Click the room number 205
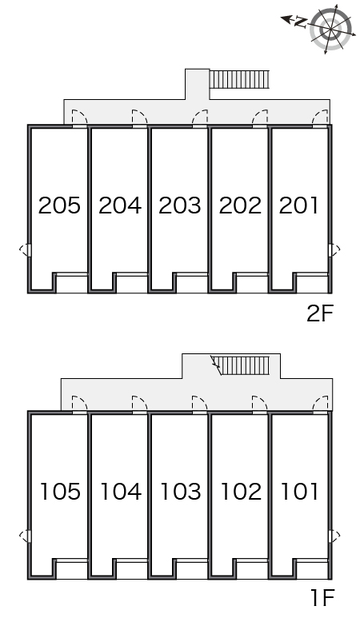coord(59,205)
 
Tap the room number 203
coord(179,205)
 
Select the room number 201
coord(298,205)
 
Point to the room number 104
coord(121,492)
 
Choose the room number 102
coord(241,492)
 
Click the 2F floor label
coord(320,313)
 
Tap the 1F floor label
coord(323,598)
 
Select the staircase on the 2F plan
coord(239,79)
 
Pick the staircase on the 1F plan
coord(241,365)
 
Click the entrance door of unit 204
coord(139,118)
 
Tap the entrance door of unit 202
coord(260,118)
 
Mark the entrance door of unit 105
coord(79,405)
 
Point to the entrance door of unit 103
coord(199,405)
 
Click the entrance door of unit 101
coord(320,405)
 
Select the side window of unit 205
coord(26,250)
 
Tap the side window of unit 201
coord(333,250)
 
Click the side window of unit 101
coord(333,536)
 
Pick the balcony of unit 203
coord(192,283)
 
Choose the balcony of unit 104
coord(132,569)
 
